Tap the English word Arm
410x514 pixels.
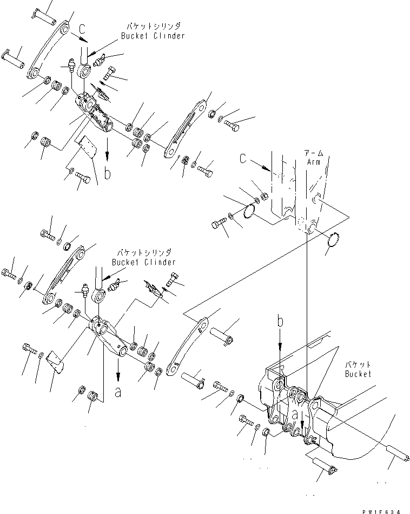pos(314,162)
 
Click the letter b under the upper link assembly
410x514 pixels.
pos(108,173)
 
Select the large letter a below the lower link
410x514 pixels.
pos(118,392)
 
